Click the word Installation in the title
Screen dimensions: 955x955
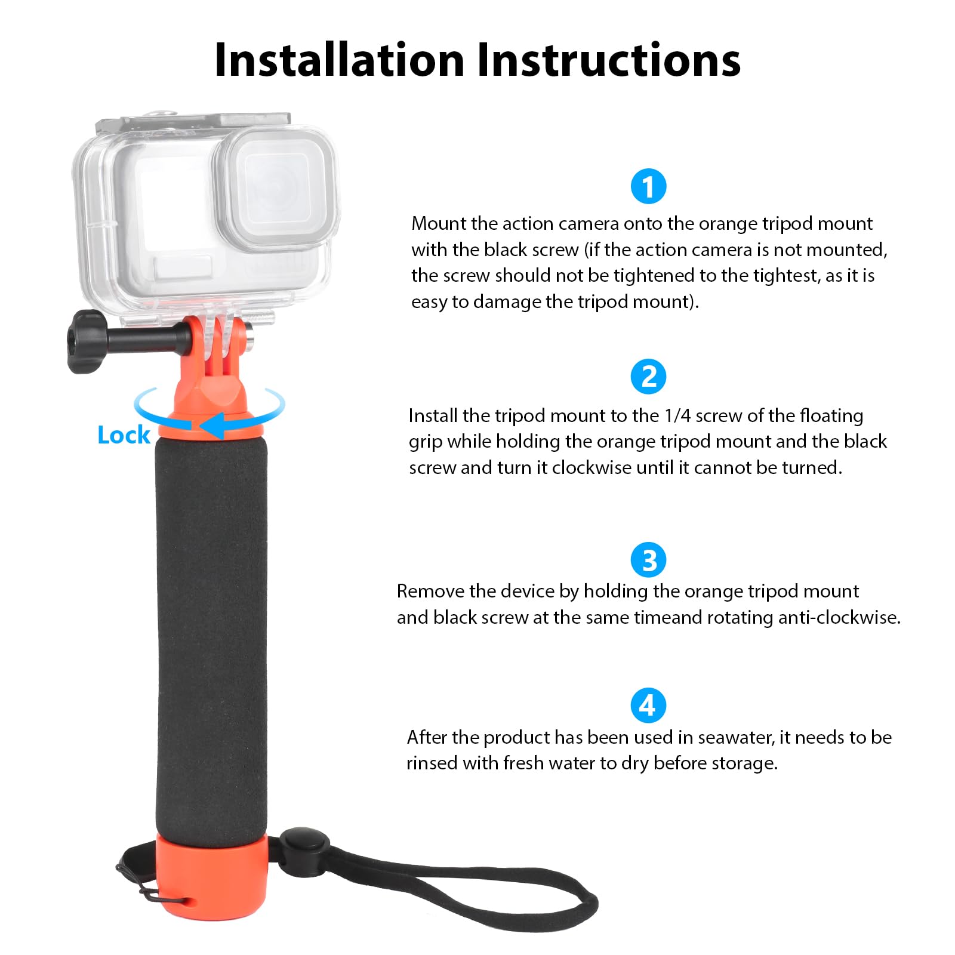click(339, 60)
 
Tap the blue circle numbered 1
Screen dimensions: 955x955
click(648, 186)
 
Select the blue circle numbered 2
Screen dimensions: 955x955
click(648, 377)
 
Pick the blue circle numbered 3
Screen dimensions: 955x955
click(648, 560)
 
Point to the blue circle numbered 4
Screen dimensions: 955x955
click(648, 706)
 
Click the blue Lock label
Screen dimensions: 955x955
click(124, 435)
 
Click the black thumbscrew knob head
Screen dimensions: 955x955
click(85, 342)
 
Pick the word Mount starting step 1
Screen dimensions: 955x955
click(438, 223)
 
